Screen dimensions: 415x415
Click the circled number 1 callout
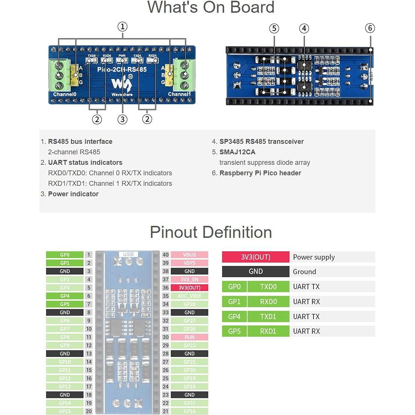coord(122,27)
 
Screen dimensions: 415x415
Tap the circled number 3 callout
coord(122,119)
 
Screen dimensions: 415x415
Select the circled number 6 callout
coord(370,28)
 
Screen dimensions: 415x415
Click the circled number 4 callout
coord(304,28)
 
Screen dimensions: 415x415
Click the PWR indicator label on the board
coord(122,56)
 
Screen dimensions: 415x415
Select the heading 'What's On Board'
coord(210,7)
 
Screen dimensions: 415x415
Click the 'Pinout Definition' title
coord(210,232)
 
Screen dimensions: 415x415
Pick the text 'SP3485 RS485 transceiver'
coord(261,142)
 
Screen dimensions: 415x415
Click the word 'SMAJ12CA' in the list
coord(237,152)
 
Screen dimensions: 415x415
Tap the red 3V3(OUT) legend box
coord(255,257)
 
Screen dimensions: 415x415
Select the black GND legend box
coord(255,272)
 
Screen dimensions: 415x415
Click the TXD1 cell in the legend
coord(268,316)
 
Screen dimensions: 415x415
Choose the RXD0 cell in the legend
coord(268,302)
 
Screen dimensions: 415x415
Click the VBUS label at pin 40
coord(190,255)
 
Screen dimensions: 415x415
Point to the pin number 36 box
coord(166,288)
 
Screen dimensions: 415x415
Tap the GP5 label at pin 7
coord(65,304)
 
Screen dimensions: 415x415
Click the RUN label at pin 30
coord(190,337)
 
